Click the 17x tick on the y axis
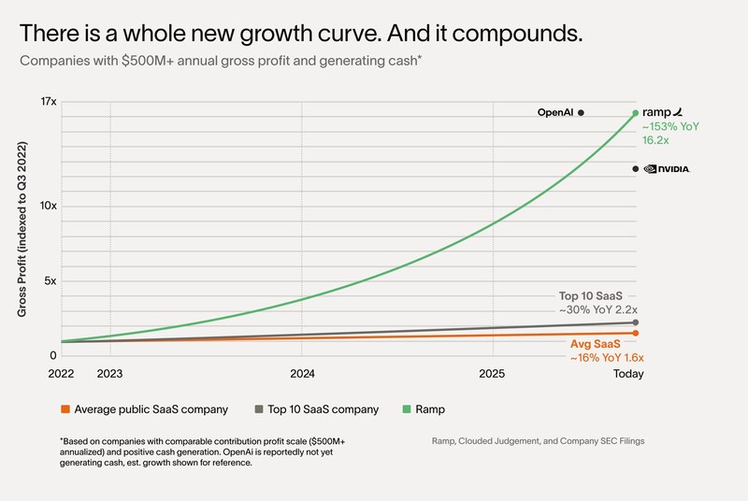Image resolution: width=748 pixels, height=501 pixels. click(48, 100)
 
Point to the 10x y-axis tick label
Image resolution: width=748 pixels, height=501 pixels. click(48, 206)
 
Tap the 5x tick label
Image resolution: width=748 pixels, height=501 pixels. click(50, 281)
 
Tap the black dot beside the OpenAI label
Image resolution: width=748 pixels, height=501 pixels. click(581, 112)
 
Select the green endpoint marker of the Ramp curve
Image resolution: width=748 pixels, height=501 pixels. click(636, 113)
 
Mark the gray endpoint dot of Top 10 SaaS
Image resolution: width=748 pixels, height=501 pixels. click(636, 322)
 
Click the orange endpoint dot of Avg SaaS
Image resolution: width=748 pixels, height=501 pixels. click(636, 333)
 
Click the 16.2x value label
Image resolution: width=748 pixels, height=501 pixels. click(654, 140)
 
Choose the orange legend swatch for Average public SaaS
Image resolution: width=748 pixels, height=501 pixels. click(65, 409)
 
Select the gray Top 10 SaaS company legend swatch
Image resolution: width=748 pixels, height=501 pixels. click(258, 409)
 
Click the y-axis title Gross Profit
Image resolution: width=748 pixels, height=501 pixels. click(22, 229)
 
